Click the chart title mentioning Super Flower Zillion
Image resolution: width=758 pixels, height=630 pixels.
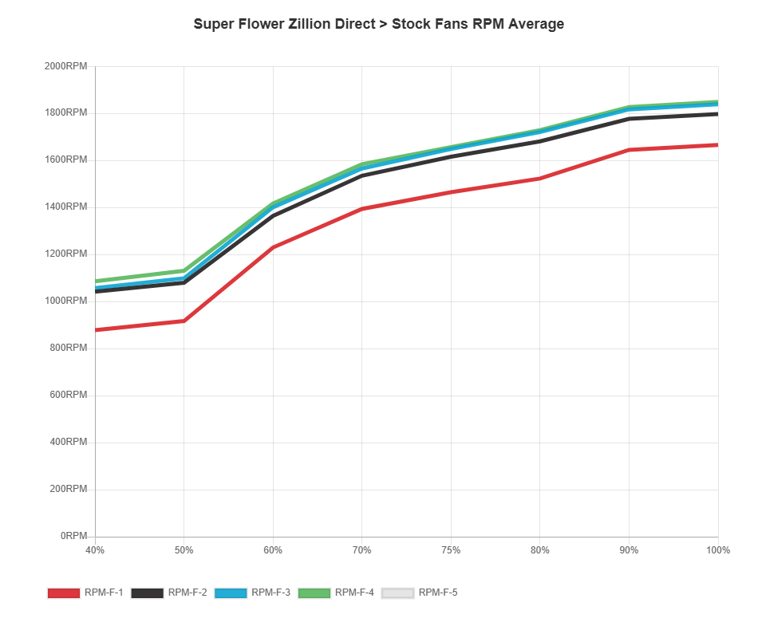pyautogui.click(x=378, y=24)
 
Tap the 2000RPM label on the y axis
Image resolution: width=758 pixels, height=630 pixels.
pyautogui.click(x=65, y=65)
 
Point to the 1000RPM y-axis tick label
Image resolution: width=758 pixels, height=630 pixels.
pyautogui.click(x=65, y=301)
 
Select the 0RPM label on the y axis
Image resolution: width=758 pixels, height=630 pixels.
pyautogui.click(x=73, y=536)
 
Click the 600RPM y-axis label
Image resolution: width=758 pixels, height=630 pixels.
pyautogui.click(x=68, y=395)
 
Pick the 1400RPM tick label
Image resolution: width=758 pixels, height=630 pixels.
pyautogui.click(x=65, y=207)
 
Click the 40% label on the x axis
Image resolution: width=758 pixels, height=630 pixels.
pyautogui.click(x=95, y=550)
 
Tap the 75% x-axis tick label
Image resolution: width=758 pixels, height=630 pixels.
pyautogui.click(x=451, y=550)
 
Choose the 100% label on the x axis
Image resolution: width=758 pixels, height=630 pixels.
pyautogui.click(x=718, y=550)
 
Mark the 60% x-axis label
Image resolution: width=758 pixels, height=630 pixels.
pyautogui.click(x=273, y=550)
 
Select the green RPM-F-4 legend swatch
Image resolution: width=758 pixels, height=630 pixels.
pyautogui.click(x=314, y=593)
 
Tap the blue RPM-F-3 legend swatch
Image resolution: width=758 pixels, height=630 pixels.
pyautogui.click(x=230, y=593)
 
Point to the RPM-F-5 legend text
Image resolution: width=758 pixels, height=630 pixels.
pyautogui.click(x=438, y=593)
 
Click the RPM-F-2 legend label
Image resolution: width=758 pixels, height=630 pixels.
pyautogui.click(x=188, y=593)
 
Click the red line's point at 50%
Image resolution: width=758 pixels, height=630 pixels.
pyautogui.click(x=184, y=321)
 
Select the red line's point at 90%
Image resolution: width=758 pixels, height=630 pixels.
pyautogui.click(x=629, y=149)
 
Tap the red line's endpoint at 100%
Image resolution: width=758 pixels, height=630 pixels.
pyautogui.click(x=717, y=145)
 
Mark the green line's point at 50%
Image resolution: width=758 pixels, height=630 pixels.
pyautogui.click(x=184, y=270)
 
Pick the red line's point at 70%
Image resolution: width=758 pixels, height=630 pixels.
pyautogui.click(x=362, y=209)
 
